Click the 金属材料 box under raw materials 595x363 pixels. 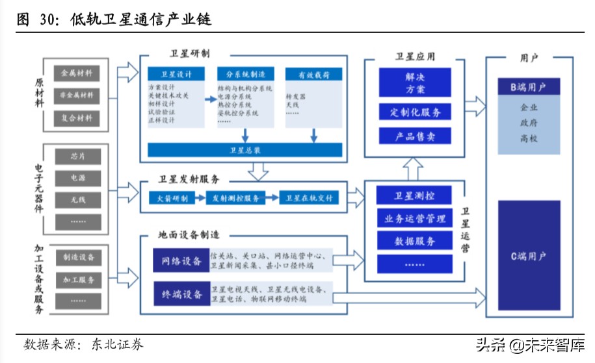(77, 73)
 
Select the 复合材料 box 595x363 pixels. (77, 119)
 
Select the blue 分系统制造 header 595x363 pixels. (245, 74)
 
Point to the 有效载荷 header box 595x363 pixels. (313, 75)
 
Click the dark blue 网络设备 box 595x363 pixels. (181, 261)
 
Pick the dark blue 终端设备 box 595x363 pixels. (181, 294)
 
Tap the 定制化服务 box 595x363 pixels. (415, 112)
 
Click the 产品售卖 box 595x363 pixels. (415, 136)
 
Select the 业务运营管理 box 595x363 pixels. (415, 218)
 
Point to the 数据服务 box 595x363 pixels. (415, 241)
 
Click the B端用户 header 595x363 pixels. (528, 86)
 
